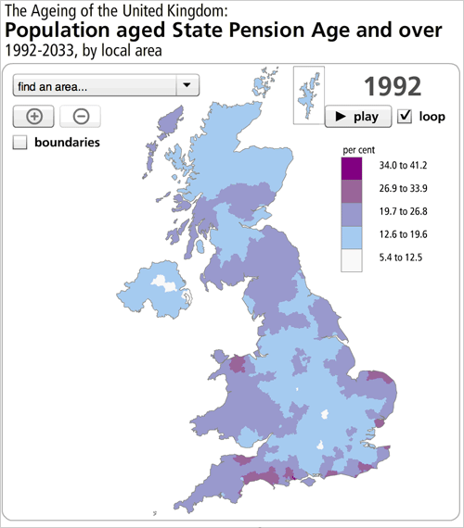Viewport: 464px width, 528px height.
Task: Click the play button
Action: coord(357,117)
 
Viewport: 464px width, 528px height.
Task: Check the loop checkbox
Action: coord(405,117)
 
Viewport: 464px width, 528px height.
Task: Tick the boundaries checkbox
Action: coord(20,143)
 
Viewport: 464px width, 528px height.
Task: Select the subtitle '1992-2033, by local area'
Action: coord(84,51)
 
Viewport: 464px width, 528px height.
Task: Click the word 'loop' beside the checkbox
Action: coord(432,117)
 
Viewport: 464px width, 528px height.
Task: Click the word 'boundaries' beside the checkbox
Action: coord(67,143)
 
